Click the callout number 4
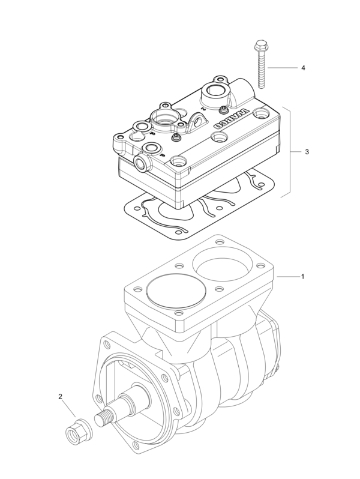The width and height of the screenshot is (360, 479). point(303,68)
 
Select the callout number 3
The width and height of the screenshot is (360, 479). point(307,152)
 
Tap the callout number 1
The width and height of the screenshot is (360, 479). point(302,277)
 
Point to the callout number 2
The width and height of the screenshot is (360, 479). point(60,397)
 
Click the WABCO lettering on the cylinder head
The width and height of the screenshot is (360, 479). point(229,120)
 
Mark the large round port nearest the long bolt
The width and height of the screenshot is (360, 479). point(215,93)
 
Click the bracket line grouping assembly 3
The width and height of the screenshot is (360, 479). point(290,152)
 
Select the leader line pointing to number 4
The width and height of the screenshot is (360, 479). point(282,68)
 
